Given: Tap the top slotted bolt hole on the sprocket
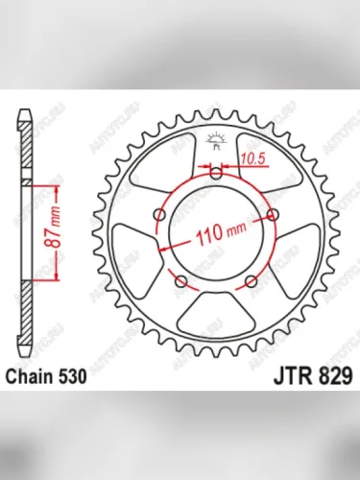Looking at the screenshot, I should (x=218, y=174).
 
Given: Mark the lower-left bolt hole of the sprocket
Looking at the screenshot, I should (x=182, y=280).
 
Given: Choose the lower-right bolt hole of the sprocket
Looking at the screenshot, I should (x=252, y=280).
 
